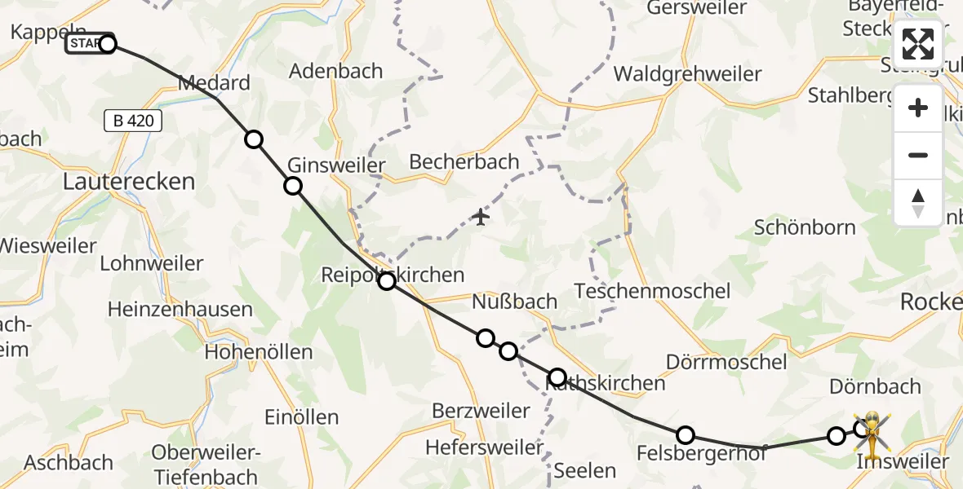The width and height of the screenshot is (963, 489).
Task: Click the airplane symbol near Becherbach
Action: click(x=481, y=218)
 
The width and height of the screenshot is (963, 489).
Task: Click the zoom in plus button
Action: click(x=918, y=108)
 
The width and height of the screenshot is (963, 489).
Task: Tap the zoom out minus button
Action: click(x=918, y=155)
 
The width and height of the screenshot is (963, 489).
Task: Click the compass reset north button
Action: click(x=918, y=202)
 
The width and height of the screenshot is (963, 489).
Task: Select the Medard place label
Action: click(x=213, y=83)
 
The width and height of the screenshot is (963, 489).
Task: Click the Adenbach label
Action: click(x=336, y=71)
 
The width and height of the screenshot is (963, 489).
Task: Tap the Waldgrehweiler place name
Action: click(x=687, y=74)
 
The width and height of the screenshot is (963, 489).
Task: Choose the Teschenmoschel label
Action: click(x=652, y=291)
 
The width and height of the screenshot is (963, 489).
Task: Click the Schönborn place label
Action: click(x=804, y=227)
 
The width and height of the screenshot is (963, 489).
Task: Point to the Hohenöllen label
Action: click(x=259, y=352)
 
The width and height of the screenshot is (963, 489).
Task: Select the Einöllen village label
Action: click(x=301, y=417)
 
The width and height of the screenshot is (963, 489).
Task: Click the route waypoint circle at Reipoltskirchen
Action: click(x=387, y=281)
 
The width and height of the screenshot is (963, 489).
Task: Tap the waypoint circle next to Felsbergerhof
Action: click(x=686, y=435)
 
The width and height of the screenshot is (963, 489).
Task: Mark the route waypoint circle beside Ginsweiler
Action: click(x=292, y=187)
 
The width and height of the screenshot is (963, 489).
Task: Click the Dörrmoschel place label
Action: click(x=726, y=361)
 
